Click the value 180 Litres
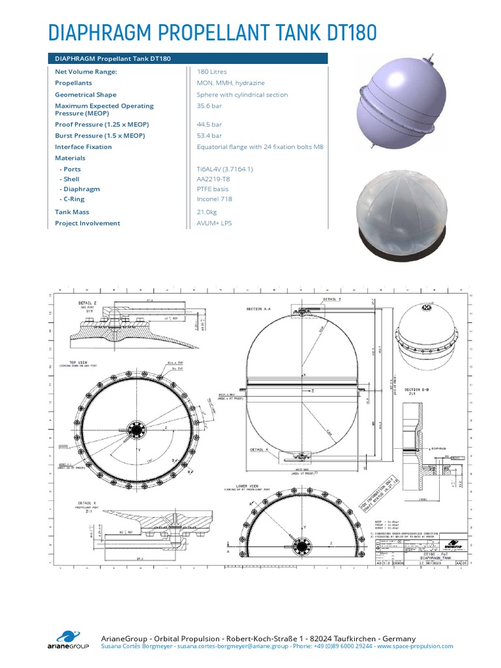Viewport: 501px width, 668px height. pos(212,72)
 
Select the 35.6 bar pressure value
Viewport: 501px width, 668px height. pos(209,106)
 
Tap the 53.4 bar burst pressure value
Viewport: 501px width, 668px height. pos(209,136)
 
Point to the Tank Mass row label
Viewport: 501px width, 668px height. pos(72,212)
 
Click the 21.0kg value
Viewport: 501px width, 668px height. pos(207,212)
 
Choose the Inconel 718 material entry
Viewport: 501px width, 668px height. pos(215,199)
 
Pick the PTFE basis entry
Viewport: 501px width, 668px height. pos(213,189)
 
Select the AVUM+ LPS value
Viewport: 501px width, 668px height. pos(214,223)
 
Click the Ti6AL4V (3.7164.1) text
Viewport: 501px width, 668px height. pos(225,169)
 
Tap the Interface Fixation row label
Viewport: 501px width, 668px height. pos(83,147)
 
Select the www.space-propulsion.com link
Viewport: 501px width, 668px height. pos(415,646)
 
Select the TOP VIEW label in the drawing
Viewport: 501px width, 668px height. pos(79,361)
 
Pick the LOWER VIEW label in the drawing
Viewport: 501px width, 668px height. pos(237,485)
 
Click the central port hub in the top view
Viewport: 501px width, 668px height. pos(138,430)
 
